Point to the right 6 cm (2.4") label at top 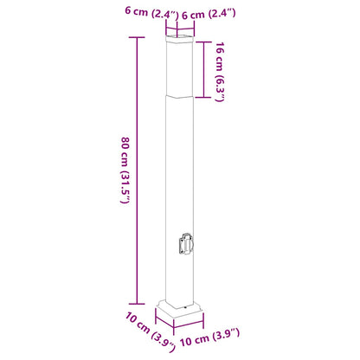click(209, 13)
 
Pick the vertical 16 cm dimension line click(204, 69)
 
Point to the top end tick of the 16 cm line click(204, 41)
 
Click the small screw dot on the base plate click(182, 305)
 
